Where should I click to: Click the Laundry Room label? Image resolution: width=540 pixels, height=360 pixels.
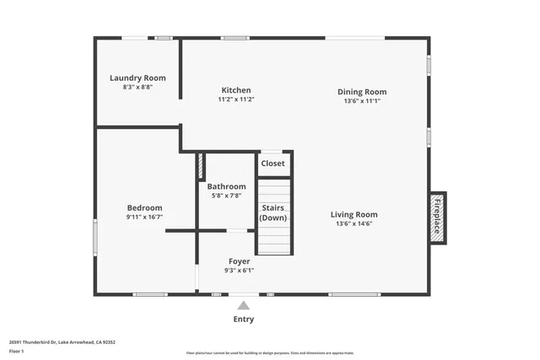138,78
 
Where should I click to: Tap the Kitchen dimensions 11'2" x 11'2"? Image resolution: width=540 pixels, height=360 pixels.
236,99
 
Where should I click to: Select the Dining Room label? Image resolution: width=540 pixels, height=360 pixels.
362,91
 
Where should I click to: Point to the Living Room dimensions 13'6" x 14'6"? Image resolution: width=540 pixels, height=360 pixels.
354,223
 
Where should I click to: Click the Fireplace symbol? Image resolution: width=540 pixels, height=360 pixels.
437,218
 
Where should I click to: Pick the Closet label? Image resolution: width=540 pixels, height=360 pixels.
273,164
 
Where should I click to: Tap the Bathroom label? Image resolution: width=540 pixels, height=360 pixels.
226,186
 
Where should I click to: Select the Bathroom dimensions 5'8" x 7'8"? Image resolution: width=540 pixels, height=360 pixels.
226,196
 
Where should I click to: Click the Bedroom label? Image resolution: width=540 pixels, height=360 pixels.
144,207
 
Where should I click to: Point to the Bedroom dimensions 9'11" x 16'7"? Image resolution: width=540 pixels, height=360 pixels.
144,217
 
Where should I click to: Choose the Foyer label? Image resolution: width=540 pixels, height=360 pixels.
239,261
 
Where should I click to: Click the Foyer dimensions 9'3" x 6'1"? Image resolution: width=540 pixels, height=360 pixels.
239,271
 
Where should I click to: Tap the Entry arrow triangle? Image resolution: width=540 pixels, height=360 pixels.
244,304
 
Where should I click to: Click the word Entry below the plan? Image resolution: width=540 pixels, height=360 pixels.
243,320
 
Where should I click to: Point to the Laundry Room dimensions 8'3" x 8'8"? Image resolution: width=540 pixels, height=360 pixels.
138,87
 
